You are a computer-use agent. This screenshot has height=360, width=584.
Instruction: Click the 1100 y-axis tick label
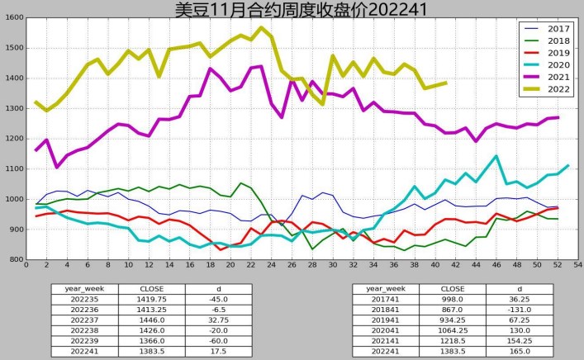pos(13,169)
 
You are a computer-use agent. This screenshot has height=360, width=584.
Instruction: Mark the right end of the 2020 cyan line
pos(567,166)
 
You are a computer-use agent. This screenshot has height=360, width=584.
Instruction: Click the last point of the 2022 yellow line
pos(446,83)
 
